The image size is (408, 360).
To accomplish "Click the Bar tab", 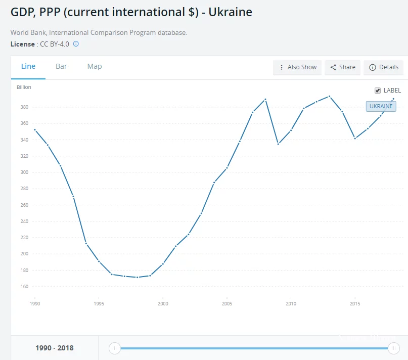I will (61, 67).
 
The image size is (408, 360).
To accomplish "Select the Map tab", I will (95, 67).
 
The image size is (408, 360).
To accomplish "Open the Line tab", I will (28, 67).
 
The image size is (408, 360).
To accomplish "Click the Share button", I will (342, 67).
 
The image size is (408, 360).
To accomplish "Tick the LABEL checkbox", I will (377, 91).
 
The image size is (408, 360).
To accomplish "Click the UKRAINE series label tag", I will (381, 107).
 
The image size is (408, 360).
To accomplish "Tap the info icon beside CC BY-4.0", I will (76, 44).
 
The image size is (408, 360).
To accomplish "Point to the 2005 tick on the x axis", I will (227, 304).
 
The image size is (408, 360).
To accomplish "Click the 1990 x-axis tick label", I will (35, 304).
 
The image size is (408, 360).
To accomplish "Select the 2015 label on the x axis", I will (355, 304).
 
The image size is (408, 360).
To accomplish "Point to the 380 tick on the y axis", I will (24, 107).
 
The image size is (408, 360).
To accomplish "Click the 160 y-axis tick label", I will (24, 286).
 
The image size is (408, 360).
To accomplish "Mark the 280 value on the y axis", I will (24, 189).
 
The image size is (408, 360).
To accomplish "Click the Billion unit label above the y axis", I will (24, 87).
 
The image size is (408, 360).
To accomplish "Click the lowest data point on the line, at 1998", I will (137, 277).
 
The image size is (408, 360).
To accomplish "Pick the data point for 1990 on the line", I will (35, 129).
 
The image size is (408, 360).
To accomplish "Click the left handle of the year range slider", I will (115, 348).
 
